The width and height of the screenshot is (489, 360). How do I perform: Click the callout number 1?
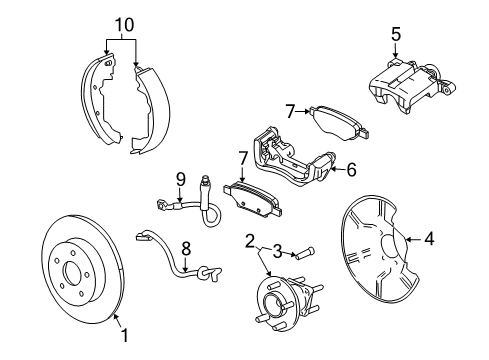124,337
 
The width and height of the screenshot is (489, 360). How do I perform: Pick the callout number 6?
351,171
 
